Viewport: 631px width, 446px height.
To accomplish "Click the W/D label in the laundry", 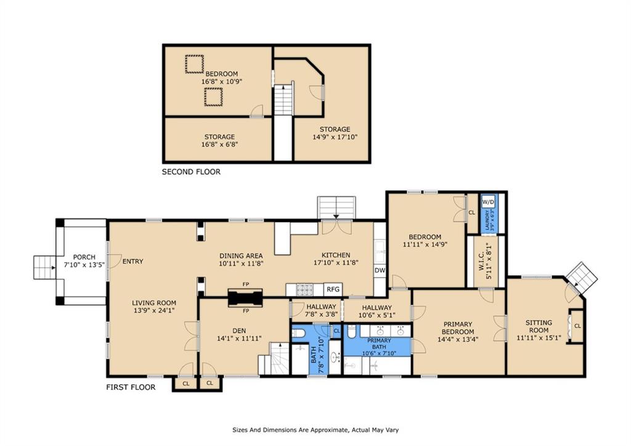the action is point(488,202).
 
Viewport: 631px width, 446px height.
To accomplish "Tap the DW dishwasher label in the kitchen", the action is point(380,270).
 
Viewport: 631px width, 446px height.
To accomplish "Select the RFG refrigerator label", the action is point(333,289).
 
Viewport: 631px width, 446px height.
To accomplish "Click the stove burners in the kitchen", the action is point(304,290).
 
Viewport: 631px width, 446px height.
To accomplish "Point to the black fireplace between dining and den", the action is point(245,298).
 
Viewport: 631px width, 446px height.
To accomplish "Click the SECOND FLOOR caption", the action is point(191,171).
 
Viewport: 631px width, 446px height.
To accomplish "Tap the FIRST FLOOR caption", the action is point(131,387).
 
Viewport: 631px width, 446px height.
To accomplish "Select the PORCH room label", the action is point(84,257).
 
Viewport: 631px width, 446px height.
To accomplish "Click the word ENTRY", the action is point(133,262).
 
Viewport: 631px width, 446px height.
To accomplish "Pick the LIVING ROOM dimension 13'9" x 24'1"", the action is point(154,310).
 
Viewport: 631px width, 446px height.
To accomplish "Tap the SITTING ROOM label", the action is point(539,326).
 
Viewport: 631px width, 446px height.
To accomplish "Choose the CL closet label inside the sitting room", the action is point(577,326).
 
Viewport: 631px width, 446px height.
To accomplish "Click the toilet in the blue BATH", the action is point(298,333).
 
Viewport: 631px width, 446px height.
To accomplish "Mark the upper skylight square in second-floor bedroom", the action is point(194,64).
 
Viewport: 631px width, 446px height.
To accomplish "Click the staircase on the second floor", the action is point(283,100).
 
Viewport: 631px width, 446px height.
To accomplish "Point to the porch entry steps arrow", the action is point(52,268).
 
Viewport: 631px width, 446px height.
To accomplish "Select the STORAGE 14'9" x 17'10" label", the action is point(335,133).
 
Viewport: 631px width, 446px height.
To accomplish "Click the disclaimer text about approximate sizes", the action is point(315,430).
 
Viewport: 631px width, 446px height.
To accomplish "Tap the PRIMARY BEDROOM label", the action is point(458,328).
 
